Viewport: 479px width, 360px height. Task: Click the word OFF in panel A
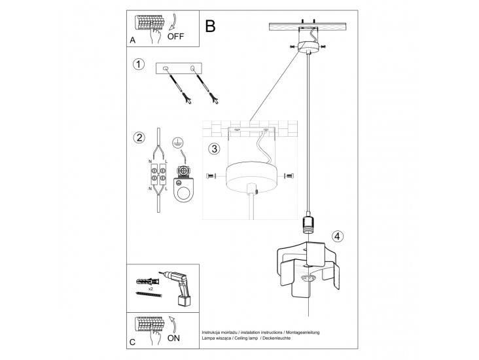(176, 37)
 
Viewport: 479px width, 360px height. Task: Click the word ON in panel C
(175, 338)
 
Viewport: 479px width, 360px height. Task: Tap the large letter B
(210, 26)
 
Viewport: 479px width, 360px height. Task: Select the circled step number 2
(138, 137)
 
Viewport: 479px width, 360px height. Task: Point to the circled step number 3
(214, 149)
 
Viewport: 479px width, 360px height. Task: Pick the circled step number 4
(336, 236)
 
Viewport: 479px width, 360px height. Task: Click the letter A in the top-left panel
(133, 41)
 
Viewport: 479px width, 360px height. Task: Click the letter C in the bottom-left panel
(133, 342)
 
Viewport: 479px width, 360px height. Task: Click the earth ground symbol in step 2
(177, 143)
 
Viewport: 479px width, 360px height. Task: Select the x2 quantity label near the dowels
(151, 288)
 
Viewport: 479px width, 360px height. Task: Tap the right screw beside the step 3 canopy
(289, 175)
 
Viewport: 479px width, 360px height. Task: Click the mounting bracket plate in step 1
(179, 69)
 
